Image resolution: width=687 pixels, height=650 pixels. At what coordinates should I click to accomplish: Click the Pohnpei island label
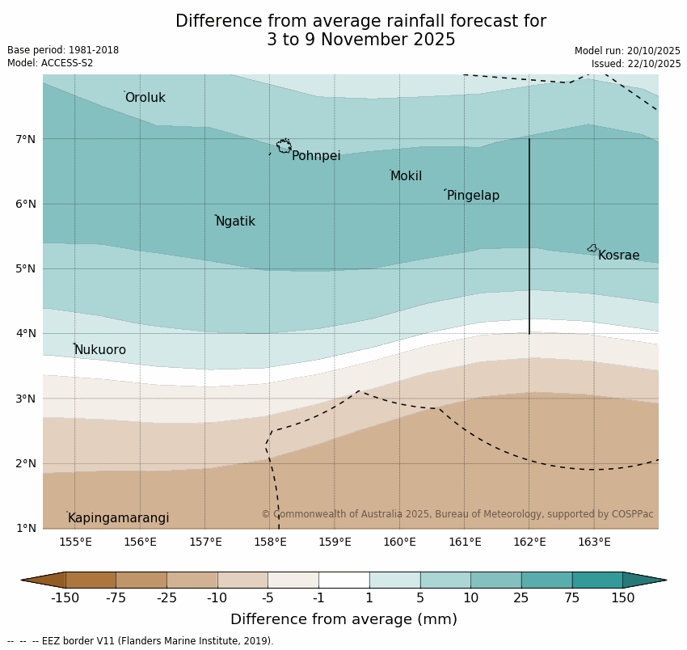tap(316, 156)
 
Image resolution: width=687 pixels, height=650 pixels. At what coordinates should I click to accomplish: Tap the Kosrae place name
tap(618, 255)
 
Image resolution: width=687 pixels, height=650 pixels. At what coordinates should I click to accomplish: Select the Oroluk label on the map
tap(145, 98)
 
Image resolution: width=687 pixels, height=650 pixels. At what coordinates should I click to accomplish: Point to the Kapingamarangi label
tap(118, 518)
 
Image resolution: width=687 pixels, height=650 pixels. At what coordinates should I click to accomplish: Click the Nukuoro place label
tap(100, 350)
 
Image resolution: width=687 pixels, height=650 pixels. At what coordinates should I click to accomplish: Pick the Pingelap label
tap(473, 196)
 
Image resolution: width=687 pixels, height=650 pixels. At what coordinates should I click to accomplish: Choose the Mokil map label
tap(406, 176)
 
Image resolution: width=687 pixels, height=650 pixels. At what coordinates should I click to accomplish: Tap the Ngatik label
tap(235, 222)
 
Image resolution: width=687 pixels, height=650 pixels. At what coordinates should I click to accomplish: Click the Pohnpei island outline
tap(284, 146)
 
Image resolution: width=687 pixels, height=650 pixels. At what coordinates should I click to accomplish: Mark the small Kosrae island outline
tap(592, 248)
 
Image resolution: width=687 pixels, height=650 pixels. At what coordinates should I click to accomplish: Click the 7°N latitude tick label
tap(26, 139)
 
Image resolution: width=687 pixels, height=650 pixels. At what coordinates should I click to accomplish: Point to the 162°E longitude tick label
tap(529, 542)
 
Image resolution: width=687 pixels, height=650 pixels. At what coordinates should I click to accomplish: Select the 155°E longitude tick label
tap(75, 542)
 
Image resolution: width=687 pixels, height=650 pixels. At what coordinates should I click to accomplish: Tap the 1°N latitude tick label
tap(26, 528)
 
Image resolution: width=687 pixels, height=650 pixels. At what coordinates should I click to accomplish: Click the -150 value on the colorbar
tap(65, 598)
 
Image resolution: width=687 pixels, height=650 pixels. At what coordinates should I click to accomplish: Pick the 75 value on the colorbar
tap(571, 598)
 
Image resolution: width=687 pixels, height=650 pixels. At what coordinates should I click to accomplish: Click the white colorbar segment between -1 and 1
tap(343, 580)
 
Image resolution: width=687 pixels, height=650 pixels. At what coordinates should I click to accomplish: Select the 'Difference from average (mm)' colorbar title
tap(343, 620)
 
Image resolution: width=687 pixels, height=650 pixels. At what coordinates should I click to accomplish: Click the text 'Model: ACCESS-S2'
tap(50, 63)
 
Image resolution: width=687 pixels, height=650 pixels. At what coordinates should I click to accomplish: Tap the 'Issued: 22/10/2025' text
tap(635, 64)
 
